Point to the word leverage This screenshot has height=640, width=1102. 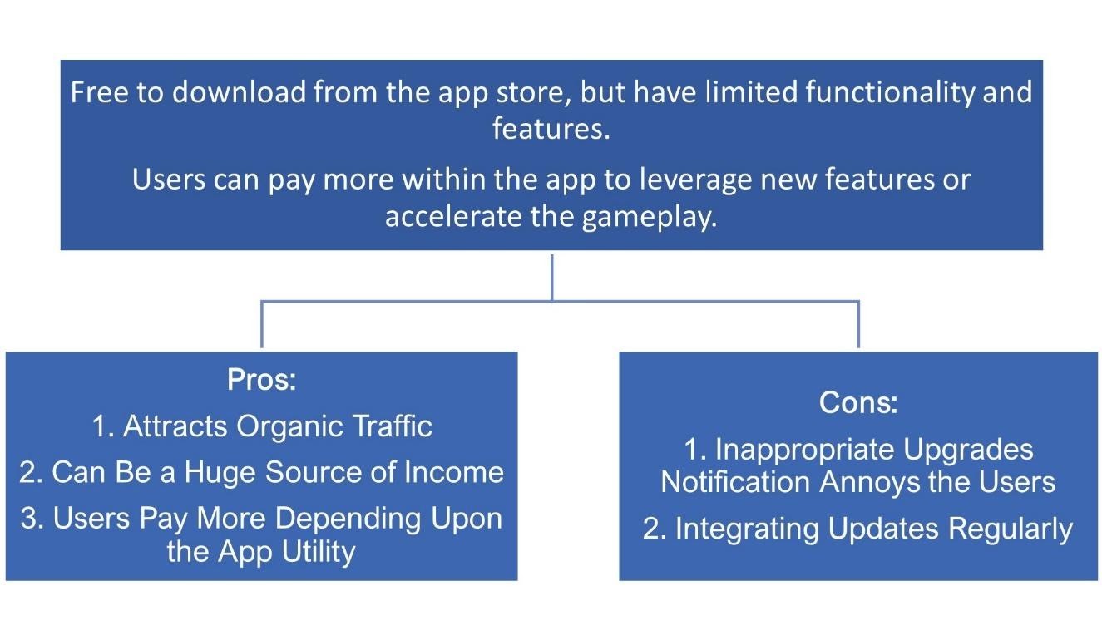637,180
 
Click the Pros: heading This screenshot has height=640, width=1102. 262,380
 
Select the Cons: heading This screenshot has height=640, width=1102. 858,402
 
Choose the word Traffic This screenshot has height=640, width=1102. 391,426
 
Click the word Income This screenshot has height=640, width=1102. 453,472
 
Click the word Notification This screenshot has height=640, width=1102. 724,482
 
